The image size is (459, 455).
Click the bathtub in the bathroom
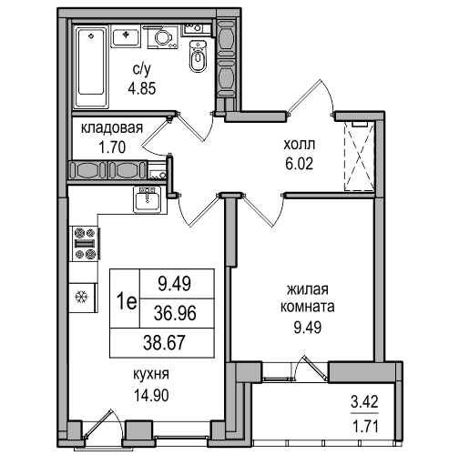[x=92, y=66]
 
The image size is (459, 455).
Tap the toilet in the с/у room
[x=198, y=56]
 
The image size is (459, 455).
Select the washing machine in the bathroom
[x=163, y=37]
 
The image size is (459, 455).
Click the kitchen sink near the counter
[x=148, y=199]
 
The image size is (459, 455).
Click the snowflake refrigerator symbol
[x=81, y=296]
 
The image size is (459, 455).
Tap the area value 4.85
[x=142, y=88]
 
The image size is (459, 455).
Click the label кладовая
[x=112, y=128]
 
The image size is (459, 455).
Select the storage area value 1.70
[x=112, y=147]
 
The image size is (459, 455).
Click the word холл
[x=300, y=145]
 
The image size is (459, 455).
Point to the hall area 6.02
[x=299, y=164]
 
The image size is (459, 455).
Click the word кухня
[x=151, y=375]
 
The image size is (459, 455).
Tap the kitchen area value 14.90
[x=151, y=396]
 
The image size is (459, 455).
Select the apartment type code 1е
[x=127, y=302]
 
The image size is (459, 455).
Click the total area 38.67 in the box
[x=164, y=343]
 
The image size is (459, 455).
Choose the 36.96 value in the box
[x=175, y=313]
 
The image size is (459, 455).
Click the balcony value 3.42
[x=364, y=402]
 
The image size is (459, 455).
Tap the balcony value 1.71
[x=365, y=427]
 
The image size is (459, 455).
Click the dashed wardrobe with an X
[x=359, y=157]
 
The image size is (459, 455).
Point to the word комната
[x=308, y=307]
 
